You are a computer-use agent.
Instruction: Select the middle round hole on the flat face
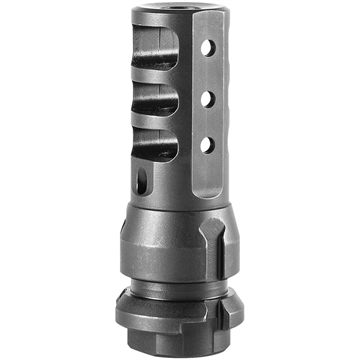point(207,96)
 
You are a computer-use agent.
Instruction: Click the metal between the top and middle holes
point(207,72)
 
